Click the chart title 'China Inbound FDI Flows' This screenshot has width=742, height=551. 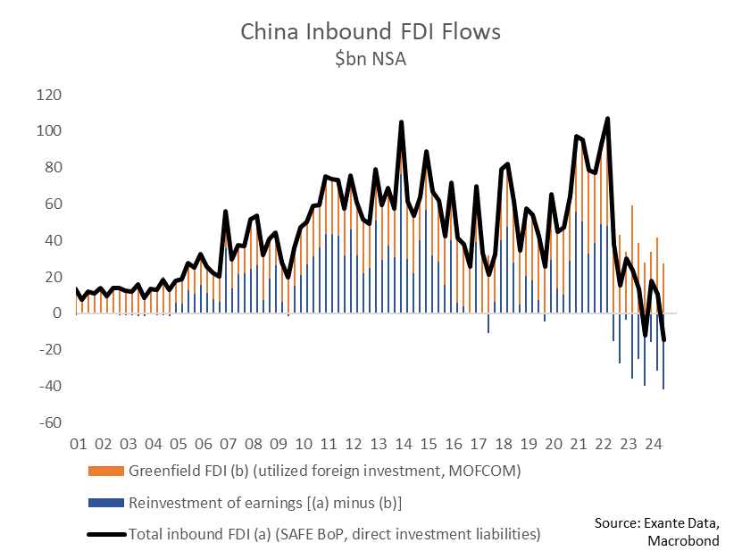(371, 31)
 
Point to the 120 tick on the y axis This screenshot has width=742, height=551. (47, 95)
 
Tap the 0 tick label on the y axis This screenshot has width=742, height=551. (55, 313)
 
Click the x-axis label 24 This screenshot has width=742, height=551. (652, 444)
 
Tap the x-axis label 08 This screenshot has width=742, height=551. (252, 444)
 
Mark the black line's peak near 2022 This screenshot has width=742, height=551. (607, 119)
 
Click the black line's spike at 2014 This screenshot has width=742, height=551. (401, 122)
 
